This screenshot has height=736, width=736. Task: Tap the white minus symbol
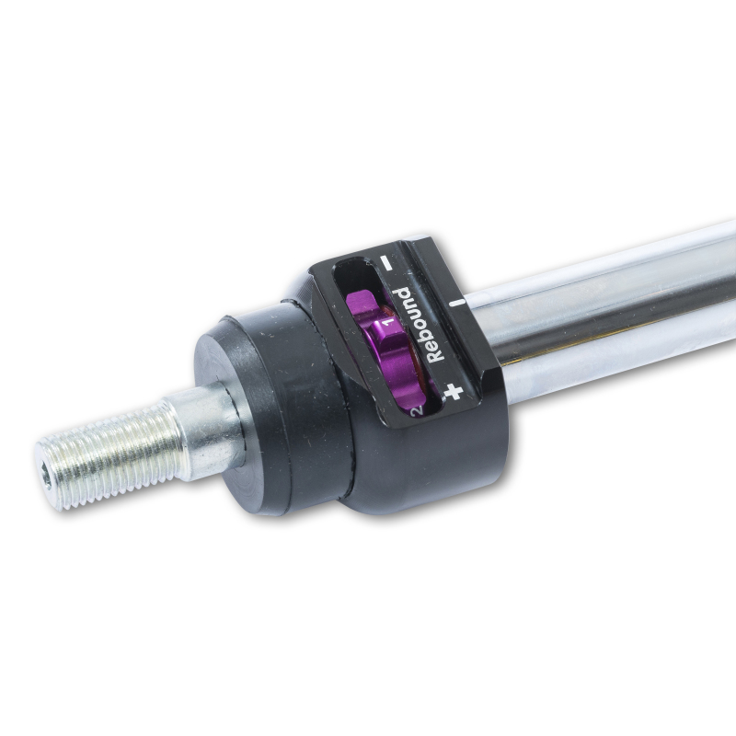click(x=387, y=262)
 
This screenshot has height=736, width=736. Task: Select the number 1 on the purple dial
click(x=387, y=324)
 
